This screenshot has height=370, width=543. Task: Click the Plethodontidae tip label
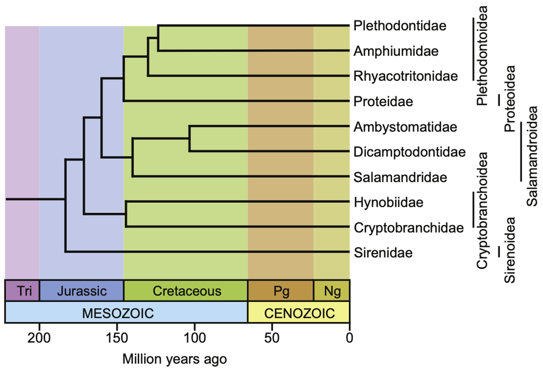399,25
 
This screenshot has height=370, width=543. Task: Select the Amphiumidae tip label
395,51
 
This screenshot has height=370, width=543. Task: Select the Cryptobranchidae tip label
405,228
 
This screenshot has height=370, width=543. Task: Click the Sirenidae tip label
382,253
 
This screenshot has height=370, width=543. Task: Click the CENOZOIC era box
299,313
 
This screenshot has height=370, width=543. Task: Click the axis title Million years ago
175,360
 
